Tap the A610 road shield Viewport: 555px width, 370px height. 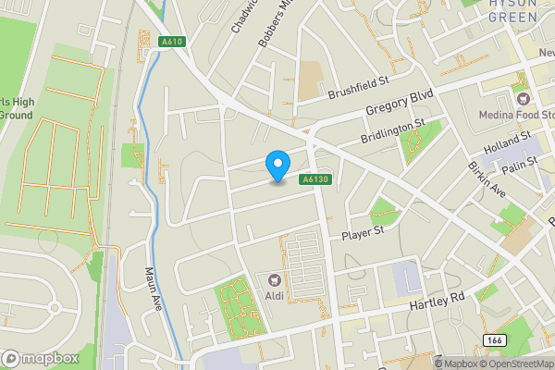[x=171, y=41]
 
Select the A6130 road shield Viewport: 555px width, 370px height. [x=314, y=179]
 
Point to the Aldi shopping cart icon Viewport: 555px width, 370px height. [x=274, y=279]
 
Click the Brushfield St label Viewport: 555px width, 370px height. [x=356, y=90]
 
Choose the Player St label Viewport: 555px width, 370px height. [x=363, y=232]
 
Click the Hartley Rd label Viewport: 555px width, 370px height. [x=436, y=302]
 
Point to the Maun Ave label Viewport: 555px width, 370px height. [x=153, y=289]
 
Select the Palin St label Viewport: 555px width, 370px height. [x=520, y=166]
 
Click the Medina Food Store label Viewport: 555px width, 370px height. [x=516, y=115]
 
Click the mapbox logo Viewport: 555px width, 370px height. [x=39, y=358]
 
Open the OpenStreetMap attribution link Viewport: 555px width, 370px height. [x=518, y=364]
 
